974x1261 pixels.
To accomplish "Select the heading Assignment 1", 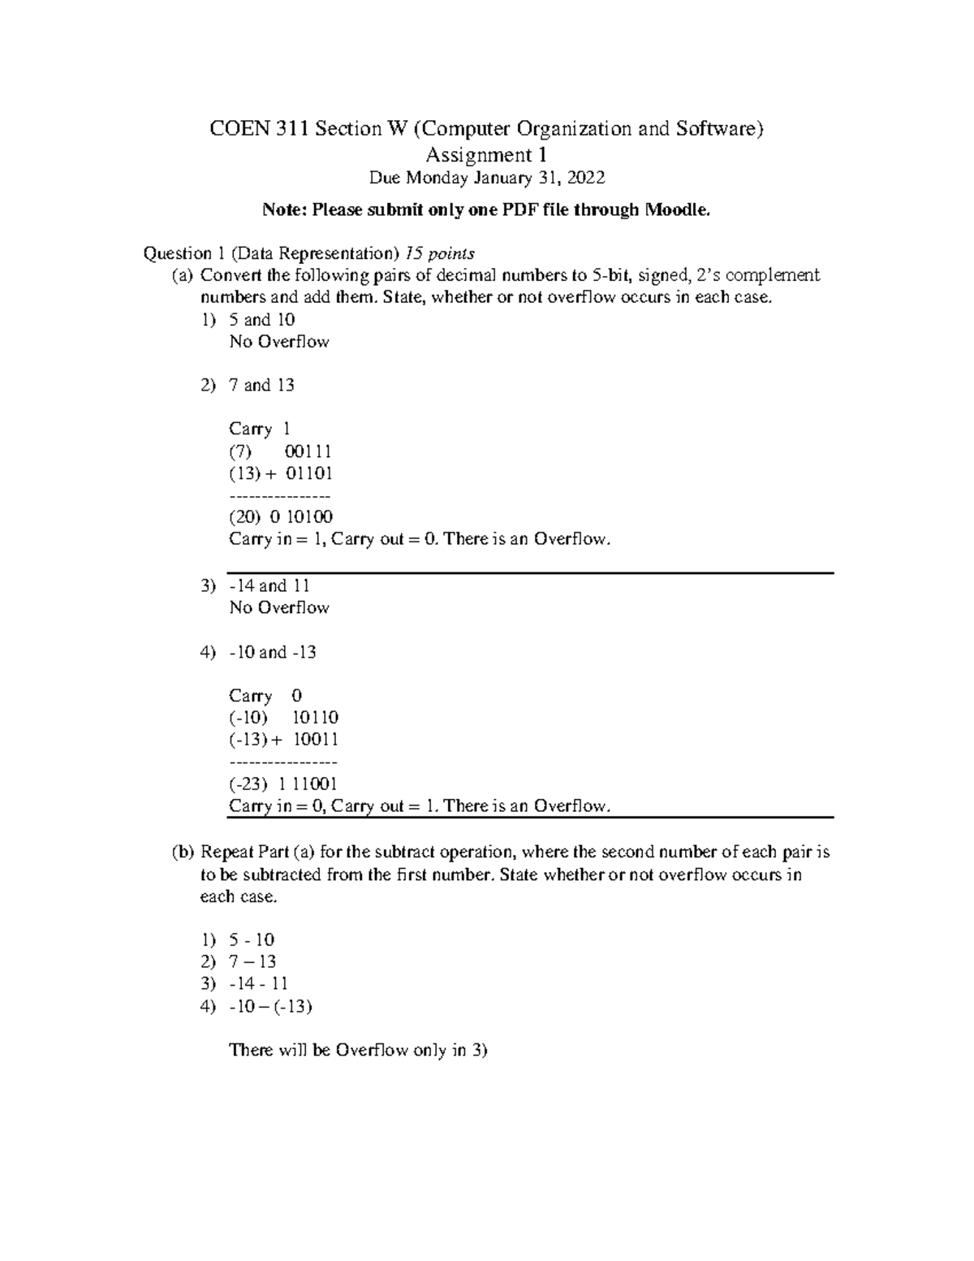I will [x=486, y=154].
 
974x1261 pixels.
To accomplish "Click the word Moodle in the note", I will [x=677, y=210].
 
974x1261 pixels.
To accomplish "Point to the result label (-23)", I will [x=248, y=784].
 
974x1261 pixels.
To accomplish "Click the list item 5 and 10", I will [x=262, y=320].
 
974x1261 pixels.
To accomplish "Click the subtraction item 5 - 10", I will [x=252, y=940].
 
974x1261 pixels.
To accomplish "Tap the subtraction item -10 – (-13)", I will [x=270, y=1007].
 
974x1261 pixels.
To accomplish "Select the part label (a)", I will [x=183, y=275].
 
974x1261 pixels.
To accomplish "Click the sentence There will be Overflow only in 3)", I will [x=358, y=1051].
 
